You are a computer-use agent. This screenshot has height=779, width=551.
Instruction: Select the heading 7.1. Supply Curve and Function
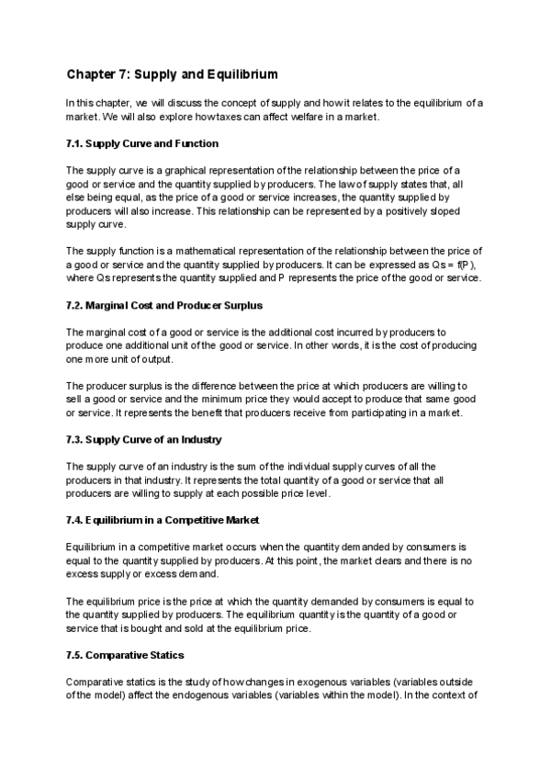141,144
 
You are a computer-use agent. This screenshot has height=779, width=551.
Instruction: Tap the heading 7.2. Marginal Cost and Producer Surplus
169,305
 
